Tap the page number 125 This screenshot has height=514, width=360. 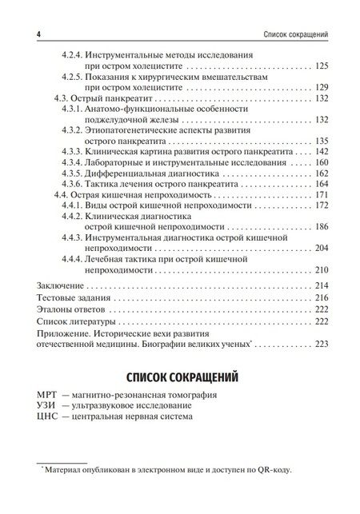coord(324,65)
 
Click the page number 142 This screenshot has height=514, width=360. coord(324,150)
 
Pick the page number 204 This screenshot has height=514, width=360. coord(324,248)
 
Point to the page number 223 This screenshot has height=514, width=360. coord(324,345)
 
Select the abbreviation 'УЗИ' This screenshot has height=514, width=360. coord(47,406)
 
